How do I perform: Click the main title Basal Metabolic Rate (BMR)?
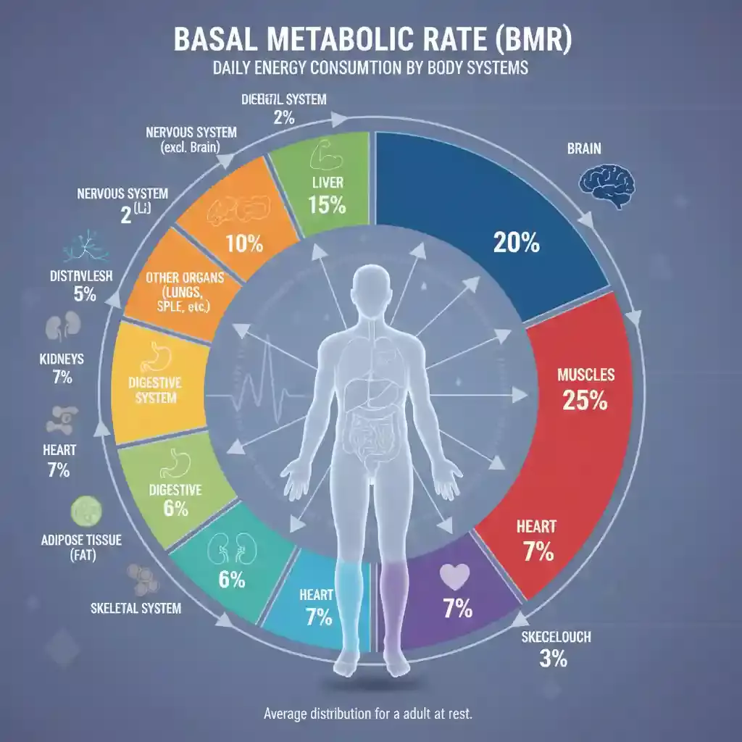(x=371, y=40)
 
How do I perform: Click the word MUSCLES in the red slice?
(x=585, y=375)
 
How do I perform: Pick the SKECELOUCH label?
(x=556, y=638)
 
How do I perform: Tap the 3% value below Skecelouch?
(x=553, y=660)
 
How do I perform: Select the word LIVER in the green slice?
(x=325, y=183)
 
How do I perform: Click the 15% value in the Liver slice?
(x=326, y=205)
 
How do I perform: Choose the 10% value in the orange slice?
(x=244, y=244)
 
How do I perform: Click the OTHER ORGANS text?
(x=185, y=278)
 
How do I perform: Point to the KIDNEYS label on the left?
(x=62, y=359)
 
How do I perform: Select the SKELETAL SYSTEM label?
(x=136, y=609)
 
